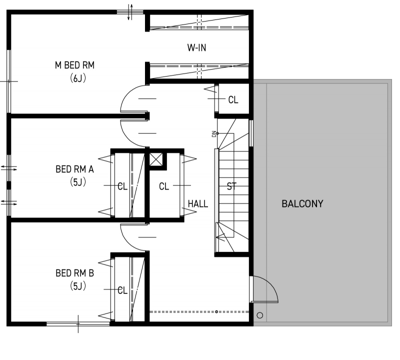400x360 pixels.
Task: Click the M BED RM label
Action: (x=74, y=65)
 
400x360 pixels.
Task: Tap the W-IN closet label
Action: (x=196, y=47)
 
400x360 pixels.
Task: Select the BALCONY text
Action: (x=302, y=204)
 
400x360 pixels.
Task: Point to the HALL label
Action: (x=197, y=204)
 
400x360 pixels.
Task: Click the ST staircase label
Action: (x=231, y=186)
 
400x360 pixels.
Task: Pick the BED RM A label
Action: (x=74, y=169)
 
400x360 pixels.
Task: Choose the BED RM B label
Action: (x=74, y=273)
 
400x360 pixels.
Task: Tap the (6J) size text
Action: (x=78, y=78)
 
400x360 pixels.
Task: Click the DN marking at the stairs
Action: (x=214, y=134)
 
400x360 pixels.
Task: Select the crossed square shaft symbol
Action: (x=155, y=159)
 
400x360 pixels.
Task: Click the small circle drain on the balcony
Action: (x=259, y=315)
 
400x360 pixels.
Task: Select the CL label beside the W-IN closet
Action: (x=233, y=100)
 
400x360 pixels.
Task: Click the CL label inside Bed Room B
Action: (x=122, y=290)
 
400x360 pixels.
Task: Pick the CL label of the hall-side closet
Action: (x=164, y=186)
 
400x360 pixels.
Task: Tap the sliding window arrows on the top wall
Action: (x=130, y=11)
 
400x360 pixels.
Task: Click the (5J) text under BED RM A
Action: (x=78, y=182)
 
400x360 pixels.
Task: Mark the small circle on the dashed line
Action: (x=216, y=311)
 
